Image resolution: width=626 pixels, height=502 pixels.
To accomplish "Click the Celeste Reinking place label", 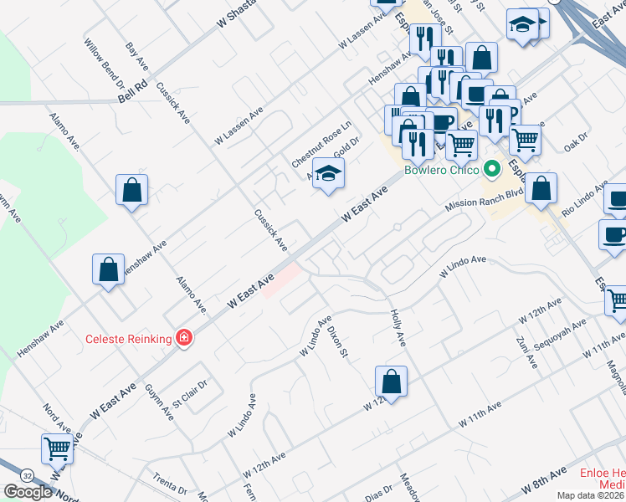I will pyautogui.click(x=128, y=339).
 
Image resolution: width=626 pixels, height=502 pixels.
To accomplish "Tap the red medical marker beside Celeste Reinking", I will pyautogui.click(x=182, y=339).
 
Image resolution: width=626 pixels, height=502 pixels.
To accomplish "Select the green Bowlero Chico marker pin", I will pyautogui.click(x=492, y=170).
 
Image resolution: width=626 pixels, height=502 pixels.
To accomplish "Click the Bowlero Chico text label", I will pyautogui.click(x=441, y=170).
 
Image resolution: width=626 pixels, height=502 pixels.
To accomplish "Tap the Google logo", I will pyautogui.click(x=27, y=492).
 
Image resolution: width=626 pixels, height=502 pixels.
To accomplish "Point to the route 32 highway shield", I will pyautogui.click(x=28, y=474).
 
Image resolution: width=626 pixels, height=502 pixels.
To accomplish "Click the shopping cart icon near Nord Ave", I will pyautogui.click(x=57, y=448).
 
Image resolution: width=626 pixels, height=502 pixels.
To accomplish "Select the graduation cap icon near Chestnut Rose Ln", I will pyautogui.click(x=330, y=175).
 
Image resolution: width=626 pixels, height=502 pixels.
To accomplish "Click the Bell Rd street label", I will pyautogui.click(x=132, y=91).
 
